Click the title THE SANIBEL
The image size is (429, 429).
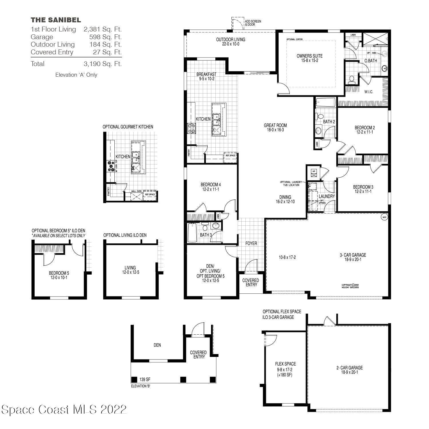point(56,20)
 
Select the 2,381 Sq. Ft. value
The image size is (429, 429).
point(103,29)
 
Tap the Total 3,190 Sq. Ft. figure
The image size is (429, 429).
point(103,64)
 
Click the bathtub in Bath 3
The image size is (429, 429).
point(192,233)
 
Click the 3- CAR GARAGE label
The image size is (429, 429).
point(353,255)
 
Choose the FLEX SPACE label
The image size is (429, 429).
point(285,364)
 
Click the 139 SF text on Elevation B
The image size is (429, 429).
point(145,380)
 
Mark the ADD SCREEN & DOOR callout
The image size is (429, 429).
point(253,23)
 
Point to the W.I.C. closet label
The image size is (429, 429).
point(368,92)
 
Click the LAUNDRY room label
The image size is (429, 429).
point(326,196)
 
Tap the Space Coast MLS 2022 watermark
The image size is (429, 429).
point(64,409)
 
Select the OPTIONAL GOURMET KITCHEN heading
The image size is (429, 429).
point(128,127)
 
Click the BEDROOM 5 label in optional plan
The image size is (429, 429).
point(59,273)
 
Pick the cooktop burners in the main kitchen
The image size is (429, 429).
point(191,128)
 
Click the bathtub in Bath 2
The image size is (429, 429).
point(325,102)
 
